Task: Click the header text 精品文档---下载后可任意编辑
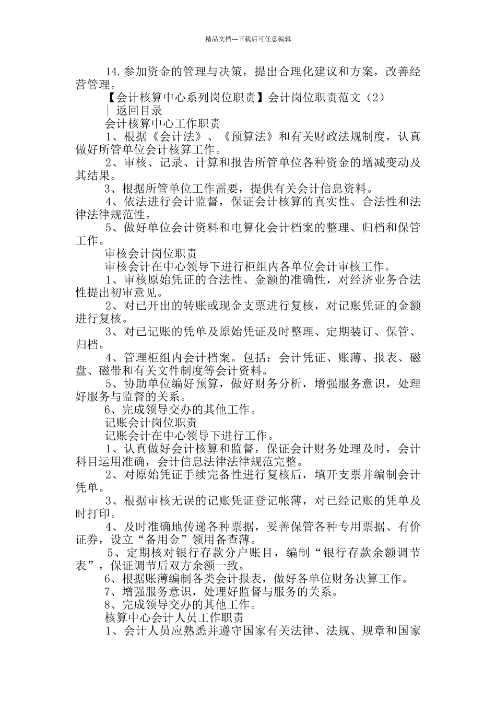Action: point(247,39)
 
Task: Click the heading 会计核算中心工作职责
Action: point(162,124)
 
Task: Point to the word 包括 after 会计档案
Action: point(259,358)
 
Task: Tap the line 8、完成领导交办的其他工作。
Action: point(181,605)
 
